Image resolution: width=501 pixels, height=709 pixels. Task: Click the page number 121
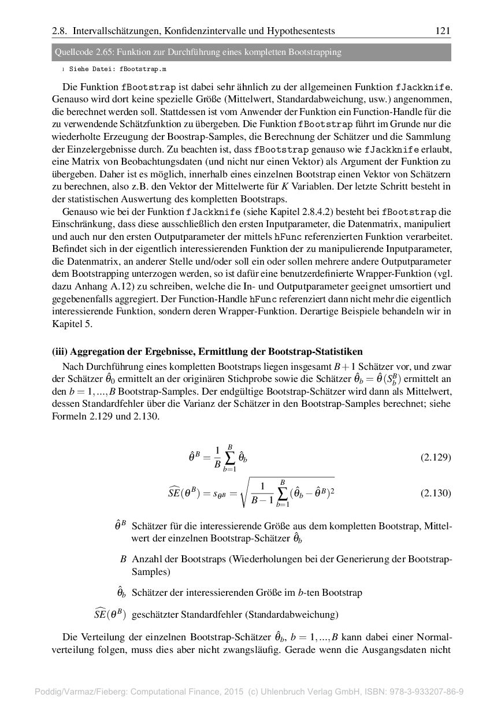click(x=443, y=31)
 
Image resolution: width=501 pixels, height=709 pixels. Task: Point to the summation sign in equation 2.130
click(x=283, y=493)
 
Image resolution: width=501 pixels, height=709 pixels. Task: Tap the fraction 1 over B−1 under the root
click(x=262, y=493)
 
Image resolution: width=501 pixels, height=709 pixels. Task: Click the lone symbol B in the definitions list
click(x=123, y=559)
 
